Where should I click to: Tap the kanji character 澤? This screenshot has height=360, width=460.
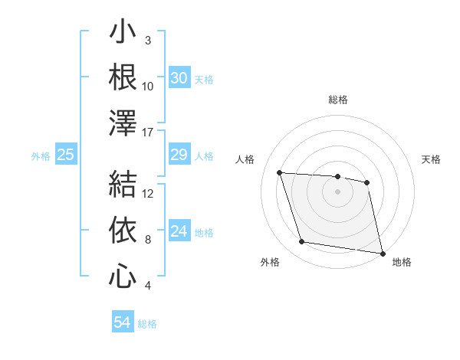(x=123, y=123)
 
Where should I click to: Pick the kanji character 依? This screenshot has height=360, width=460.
(x=123, y=230)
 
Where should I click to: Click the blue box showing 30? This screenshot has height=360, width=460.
(x=179, y=77)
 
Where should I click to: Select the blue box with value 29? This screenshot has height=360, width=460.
(x=179, y=155)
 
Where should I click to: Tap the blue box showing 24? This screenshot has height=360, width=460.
(x=179, y=231)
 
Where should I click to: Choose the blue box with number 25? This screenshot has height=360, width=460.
(x=66, y=155)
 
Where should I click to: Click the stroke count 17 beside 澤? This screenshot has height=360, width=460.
(x=149, y=133)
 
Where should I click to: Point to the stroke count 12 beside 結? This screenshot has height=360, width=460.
(x=149, y=194)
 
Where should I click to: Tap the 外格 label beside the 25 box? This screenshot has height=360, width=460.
(x=41, y=156)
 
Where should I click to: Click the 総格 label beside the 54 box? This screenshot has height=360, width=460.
(x=147, y=324)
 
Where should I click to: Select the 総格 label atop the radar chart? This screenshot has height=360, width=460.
(x=337, y=100)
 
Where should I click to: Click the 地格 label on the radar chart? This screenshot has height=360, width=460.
(x=402, y=262)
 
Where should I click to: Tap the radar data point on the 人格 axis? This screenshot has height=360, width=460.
(x=280, y=173)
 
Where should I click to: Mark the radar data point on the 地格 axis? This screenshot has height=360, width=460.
(x=381, y=252)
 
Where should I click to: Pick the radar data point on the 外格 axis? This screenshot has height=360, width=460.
(x=302, y=242)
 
